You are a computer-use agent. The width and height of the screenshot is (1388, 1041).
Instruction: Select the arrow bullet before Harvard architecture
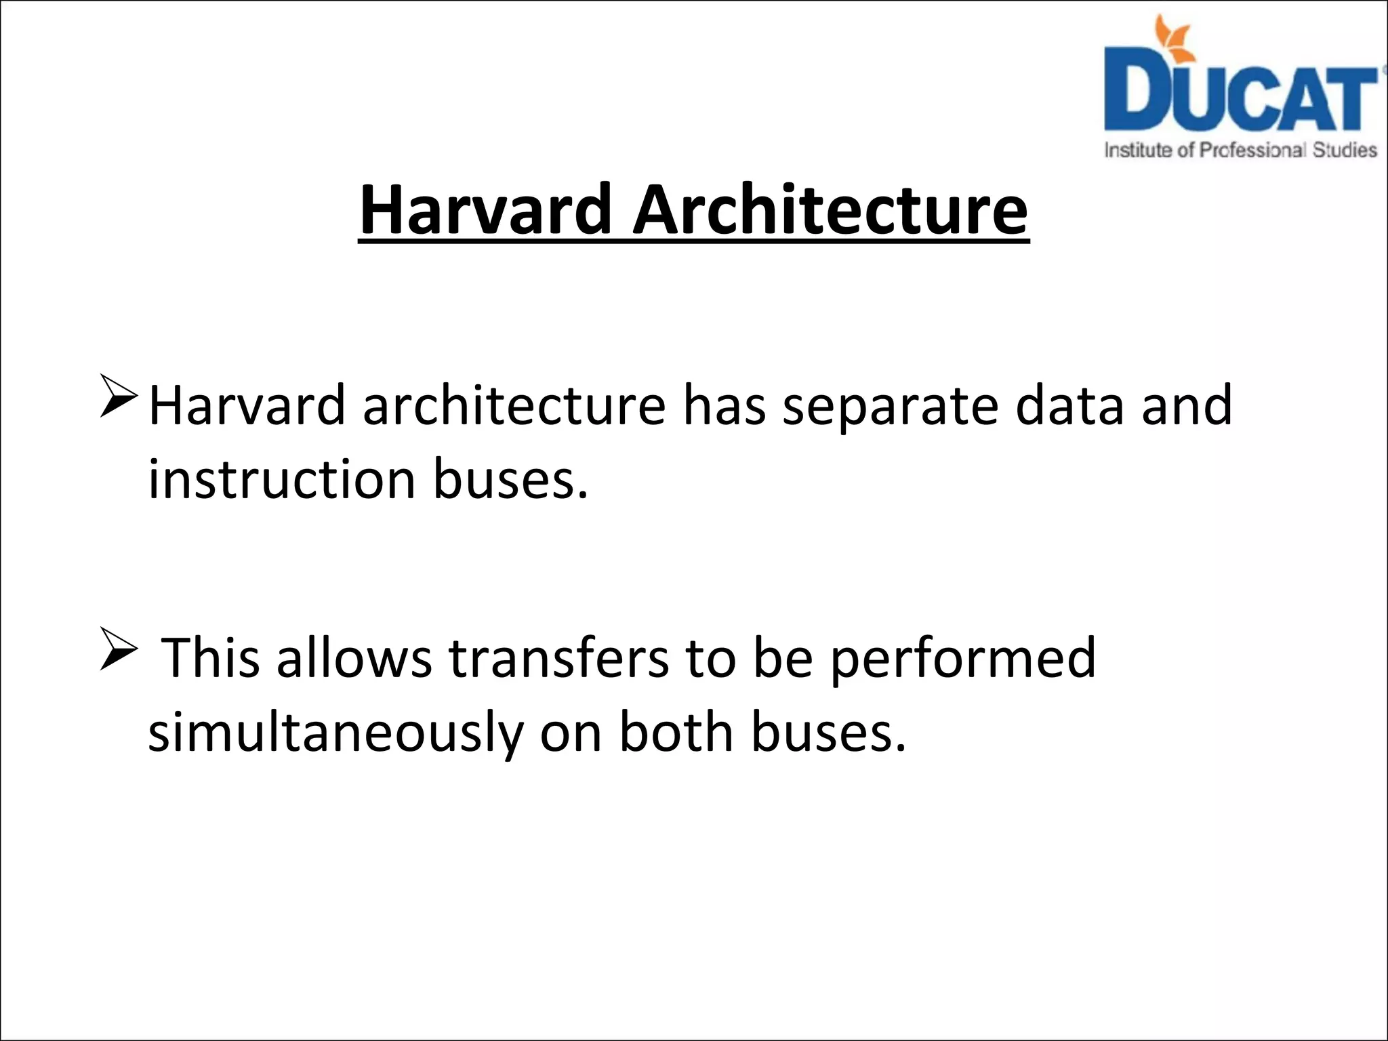(x=119, y=396)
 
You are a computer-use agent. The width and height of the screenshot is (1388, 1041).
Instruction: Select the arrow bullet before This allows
(x=119, y=649)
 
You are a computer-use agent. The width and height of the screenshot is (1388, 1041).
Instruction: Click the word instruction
(x=281, y=479)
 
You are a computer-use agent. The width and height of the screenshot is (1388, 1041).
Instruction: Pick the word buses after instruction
(x=510, y=479)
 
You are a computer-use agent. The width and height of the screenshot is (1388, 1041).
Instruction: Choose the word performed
(x=962, y=659)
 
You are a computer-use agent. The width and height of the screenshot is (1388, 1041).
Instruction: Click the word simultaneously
(x=335, y=733)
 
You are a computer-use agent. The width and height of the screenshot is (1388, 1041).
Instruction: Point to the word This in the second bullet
(x=211, y=657)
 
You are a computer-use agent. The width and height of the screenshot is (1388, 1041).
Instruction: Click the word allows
(x=354, y=657)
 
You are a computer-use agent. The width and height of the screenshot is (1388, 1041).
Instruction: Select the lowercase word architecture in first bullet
(x=514, y=405)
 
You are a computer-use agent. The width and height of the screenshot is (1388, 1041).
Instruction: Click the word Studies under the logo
(x=1345, y=150)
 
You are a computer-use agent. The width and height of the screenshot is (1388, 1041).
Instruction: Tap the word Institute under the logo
(x=1139, y=150)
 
